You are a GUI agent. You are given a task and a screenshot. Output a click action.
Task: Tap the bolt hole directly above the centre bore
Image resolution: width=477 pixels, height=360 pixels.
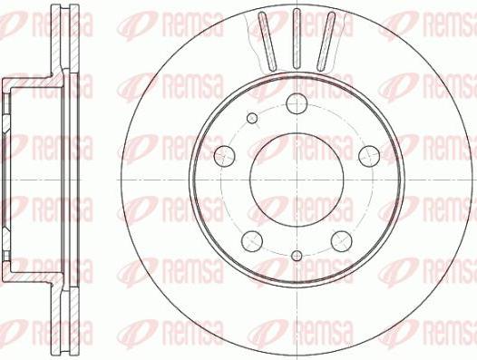tap(297, 104)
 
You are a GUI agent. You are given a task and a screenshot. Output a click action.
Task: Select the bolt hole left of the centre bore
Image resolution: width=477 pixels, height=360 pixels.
tap(225, 154)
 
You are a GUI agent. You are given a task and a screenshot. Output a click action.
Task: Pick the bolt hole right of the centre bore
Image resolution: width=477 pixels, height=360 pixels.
tap(367, 154)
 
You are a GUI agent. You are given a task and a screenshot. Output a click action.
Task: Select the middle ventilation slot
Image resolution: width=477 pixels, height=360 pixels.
tap(297, 39)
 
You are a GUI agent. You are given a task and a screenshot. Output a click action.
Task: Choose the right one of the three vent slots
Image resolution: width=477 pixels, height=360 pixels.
tap(325, 42)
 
